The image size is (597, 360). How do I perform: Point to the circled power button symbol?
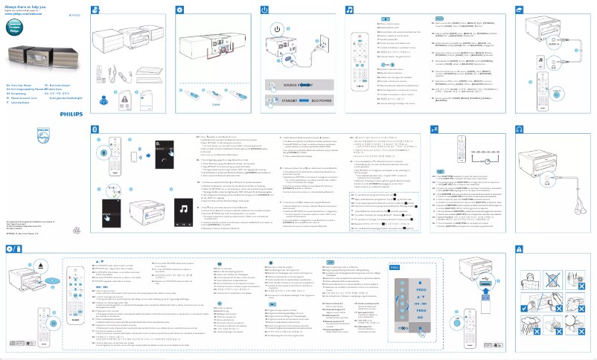pyautogui.click(x=277, y=29)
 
